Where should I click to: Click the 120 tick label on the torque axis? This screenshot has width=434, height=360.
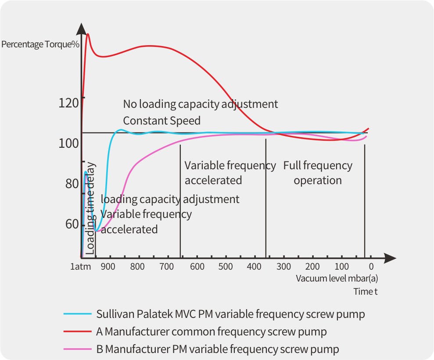(x=68, y=103)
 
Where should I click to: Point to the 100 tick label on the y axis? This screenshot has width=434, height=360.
(x=68, y=143)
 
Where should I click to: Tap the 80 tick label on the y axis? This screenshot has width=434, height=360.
(x=72, y=184)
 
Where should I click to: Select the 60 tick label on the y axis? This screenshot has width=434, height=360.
(x=72, y=225)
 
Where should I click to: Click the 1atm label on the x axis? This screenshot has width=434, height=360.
(x=81, y=267)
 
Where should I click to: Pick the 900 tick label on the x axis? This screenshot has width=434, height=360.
(x=108, y=267)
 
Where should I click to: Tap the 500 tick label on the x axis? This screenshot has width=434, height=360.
(x=226, y=267)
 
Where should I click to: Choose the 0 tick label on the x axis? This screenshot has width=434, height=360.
(x=371, y=267)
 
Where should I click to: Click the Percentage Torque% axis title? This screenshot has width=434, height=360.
(x=40, y=44)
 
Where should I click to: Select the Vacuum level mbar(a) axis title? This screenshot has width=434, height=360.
(x=337, y=278)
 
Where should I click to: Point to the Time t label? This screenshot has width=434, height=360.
(x=366, y=292)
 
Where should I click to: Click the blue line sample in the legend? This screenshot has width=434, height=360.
(x=77, y=314)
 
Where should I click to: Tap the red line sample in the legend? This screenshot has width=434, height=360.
(x=77, y=332)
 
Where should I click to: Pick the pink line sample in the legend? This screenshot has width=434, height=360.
(x=77, y=349)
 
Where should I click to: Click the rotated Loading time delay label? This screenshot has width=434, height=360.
(x=90, y=208)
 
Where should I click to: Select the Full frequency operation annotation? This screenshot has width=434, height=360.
(x=318, y=173)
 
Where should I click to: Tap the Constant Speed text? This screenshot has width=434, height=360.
(x=161, y=121)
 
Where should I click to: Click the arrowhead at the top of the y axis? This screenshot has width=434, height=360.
(x=82, y=29)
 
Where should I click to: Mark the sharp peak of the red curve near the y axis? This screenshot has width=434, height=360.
(x=88, y=34)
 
